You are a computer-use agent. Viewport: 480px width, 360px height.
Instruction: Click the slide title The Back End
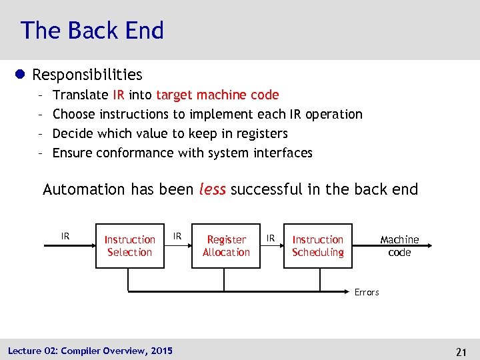click(92, 31)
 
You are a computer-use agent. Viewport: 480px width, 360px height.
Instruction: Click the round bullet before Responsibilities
click(23, 75)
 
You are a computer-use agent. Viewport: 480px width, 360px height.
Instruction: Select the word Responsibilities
click(87, 75)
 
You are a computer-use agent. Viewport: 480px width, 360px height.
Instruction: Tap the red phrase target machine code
click(217, 95)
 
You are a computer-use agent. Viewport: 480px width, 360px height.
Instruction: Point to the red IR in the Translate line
click(119, 95)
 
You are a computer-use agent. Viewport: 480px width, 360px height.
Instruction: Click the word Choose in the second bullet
click(74, 114)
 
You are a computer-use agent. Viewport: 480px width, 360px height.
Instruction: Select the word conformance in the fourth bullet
click(135, 153)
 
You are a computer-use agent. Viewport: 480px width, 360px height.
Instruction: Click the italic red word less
click(213, 189)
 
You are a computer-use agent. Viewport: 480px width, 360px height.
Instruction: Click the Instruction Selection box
click(130, 246)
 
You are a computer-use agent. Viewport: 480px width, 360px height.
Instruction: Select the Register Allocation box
click(226, 246)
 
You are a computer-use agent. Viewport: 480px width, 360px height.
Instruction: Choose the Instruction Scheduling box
click(318, 246)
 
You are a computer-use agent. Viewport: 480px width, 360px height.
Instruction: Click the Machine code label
click(399, 246)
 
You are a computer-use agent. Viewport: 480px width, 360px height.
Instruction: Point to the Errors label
click(367, 292)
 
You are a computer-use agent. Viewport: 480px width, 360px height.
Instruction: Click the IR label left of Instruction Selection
click(65, 236)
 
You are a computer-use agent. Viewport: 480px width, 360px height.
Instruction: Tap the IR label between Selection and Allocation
click(177, 236)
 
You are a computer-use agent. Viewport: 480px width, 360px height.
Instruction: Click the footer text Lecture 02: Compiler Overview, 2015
click(90, 351)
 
